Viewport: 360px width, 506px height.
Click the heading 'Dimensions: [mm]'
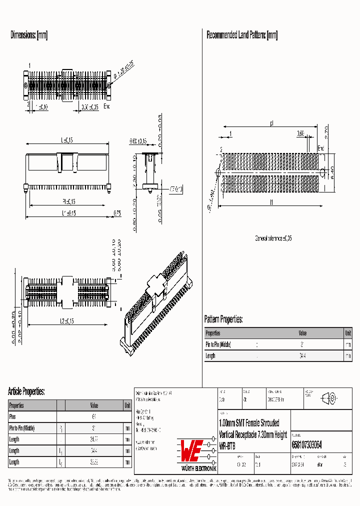click(29, 35)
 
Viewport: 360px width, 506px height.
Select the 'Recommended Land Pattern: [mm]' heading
click(242, 35)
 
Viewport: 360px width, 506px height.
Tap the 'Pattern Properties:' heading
click(223, 319)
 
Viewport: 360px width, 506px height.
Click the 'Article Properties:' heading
click(26, 391)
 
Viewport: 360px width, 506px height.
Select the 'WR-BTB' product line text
click(227, 444)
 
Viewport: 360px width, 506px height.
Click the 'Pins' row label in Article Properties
click(13, 416)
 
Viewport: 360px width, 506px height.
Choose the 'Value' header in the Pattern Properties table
click(302, 333)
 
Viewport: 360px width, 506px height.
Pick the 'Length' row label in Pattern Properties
click(210, 356)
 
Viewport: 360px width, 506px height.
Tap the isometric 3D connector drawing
click(156, 300)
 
